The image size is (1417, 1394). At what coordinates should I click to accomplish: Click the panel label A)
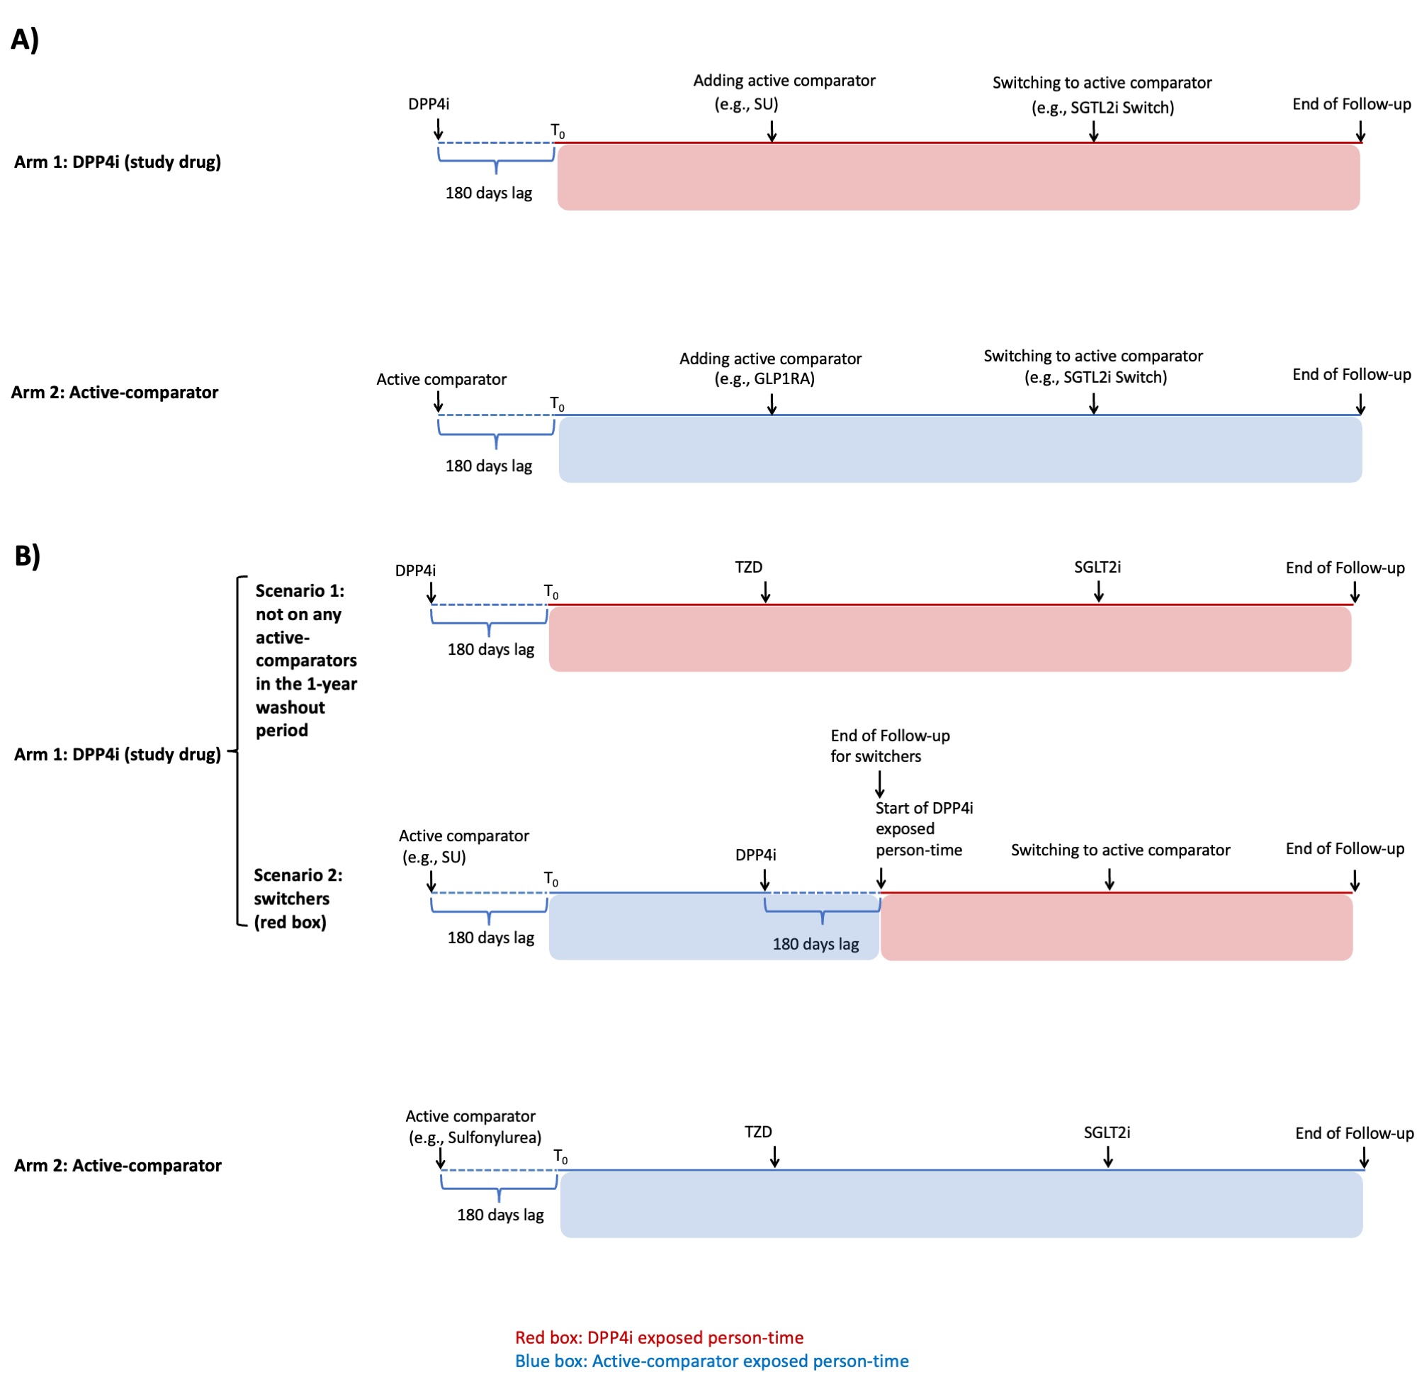25,40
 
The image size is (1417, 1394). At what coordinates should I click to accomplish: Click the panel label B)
27,556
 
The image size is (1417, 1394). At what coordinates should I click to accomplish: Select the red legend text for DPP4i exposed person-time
659,1337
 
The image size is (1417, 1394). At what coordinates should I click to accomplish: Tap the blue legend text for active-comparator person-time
711,1361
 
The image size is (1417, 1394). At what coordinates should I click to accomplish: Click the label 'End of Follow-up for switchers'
889,746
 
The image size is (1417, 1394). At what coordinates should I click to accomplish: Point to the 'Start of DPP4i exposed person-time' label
923,828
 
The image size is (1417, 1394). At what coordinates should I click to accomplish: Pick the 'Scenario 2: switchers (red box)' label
297,899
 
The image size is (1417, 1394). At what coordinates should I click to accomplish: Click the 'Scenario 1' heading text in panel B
300,590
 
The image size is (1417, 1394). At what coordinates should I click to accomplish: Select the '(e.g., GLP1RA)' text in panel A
764,378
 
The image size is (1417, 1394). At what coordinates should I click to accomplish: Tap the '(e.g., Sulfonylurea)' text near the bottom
474,1137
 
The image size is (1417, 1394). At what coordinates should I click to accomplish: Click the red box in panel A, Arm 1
957,177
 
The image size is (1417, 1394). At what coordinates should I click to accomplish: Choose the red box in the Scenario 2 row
1115,928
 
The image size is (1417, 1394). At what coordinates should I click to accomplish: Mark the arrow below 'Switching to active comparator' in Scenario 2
1109,879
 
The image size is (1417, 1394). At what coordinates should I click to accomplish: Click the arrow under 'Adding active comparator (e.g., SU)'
772,130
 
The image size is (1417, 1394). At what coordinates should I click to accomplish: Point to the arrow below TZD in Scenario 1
765,592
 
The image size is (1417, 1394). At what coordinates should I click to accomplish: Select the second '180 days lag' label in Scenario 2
815,944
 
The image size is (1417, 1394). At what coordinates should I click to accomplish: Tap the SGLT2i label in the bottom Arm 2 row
1106,1132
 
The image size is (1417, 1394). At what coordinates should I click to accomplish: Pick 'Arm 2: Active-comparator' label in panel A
114,393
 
